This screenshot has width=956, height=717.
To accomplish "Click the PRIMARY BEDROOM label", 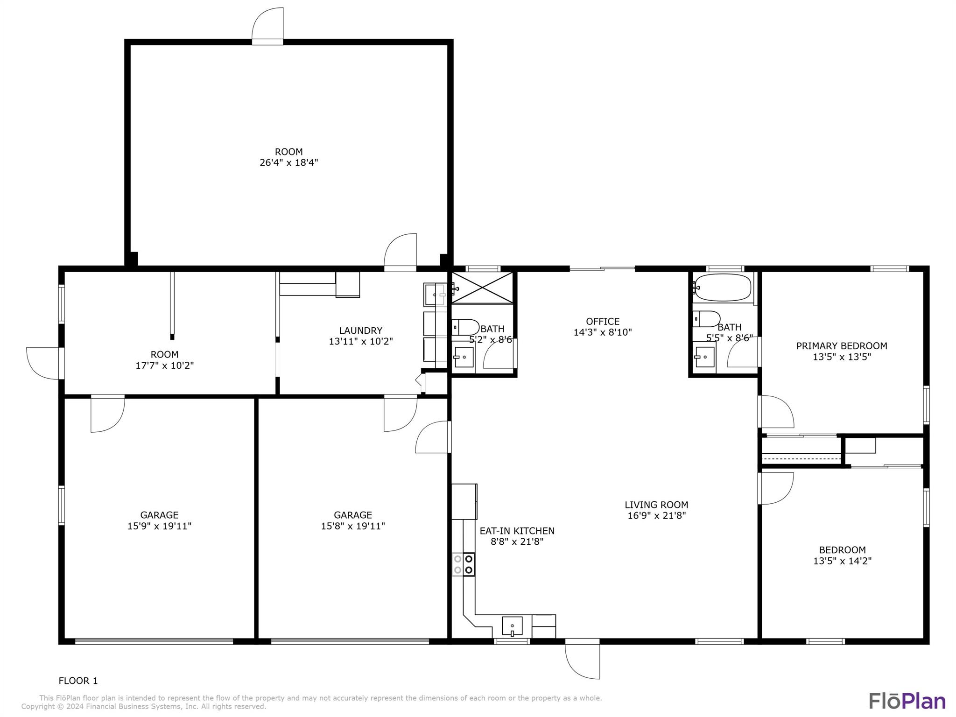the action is (842, 346).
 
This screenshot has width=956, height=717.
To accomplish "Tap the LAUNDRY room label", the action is (360, 330).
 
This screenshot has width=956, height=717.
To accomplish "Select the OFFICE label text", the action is (603, 321).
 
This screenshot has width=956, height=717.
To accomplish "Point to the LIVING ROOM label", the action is (656, 505).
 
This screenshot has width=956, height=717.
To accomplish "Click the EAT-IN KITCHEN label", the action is (517, 531).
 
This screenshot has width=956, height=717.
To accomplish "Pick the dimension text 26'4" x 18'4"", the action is (289, 162).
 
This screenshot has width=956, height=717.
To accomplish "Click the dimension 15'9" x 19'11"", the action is (160, 526).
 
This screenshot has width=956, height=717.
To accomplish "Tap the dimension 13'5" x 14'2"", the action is (843, 561).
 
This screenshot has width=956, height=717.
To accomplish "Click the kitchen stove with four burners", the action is (464, 564).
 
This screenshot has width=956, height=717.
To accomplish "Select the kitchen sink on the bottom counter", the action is (512, 626).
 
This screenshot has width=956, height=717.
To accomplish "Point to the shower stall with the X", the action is (483, 288).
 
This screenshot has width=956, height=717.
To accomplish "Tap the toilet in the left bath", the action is (465, 327).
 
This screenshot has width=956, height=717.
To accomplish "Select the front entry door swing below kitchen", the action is (583, 659).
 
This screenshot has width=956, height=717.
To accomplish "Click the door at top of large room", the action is (267, 26).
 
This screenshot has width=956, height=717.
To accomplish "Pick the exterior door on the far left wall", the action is (45, 364).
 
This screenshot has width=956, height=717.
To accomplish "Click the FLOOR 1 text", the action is (78, 681).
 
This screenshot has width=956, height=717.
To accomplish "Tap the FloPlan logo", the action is (907, 701).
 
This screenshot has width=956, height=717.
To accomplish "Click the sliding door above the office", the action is (602, 269).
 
